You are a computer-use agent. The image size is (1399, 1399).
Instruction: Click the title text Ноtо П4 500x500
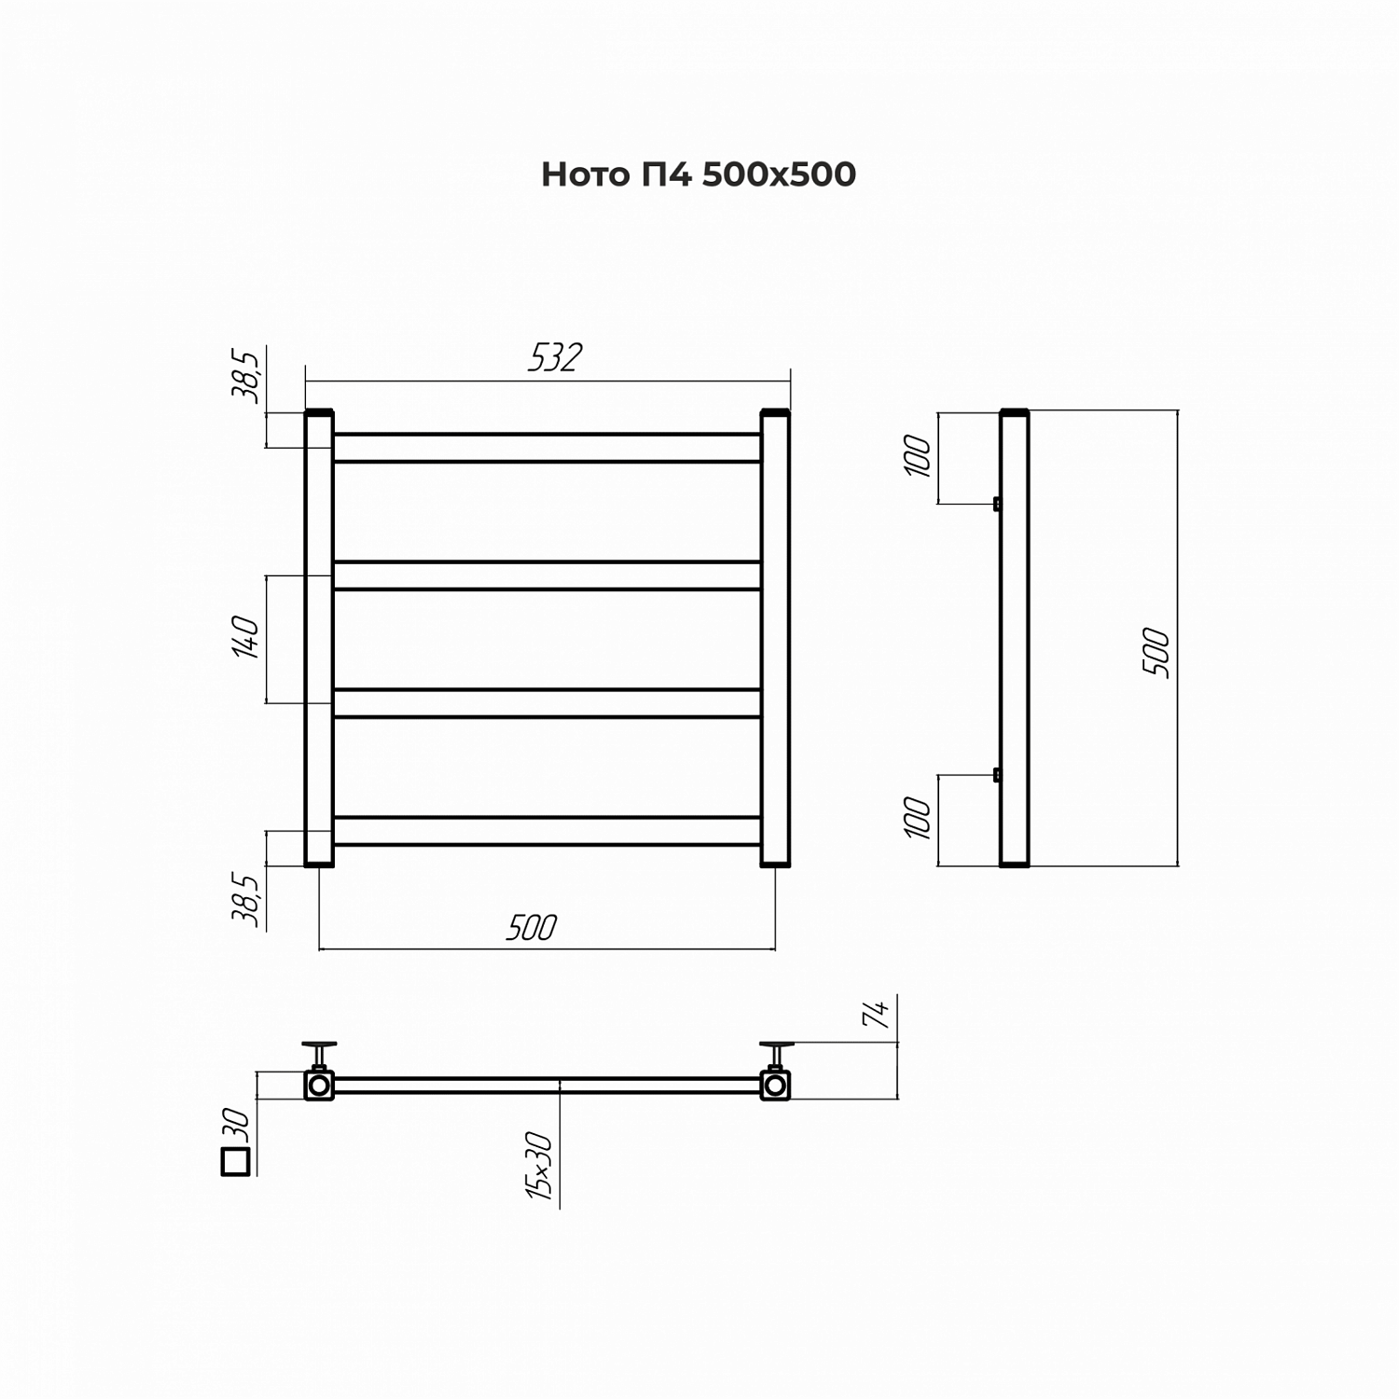699,174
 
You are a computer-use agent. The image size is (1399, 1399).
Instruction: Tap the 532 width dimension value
555,358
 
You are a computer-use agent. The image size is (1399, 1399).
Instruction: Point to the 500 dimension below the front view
531,928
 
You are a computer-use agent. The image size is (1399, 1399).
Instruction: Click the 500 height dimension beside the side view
1155,653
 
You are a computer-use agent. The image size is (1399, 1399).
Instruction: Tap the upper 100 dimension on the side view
919,456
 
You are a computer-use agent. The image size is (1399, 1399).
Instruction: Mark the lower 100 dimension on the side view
919,819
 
